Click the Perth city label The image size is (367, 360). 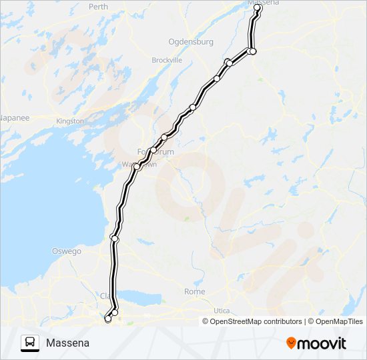click(x=98, y=7)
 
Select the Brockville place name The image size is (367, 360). click(x=167, y=60)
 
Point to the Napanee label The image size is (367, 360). click(x=14, y=117)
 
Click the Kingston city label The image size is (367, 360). click(x=70, y=121)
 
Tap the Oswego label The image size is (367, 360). click(x=66, y=251)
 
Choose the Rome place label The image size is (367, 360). click(x=195, y=292)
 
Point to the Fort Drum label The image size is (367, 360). click(x=155, y=152)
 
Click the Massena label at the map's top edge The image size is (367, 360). click(x=264, y=3)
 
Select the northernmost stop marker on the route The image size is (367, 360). click(x=258, y=8)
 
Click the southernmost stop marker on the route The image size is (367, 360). click(x=108, y=319)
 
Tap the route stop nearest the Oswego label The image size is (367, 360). click(x=115, y=238)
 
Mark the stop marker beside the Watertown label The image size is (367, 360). click(x=136, y=167)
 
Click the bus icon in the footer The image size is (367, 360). click(x=29, y=343)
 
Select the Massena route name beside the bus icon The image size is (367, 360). click(x=67, y=343)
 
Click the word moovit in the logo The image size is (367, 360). click(x=322, y=343)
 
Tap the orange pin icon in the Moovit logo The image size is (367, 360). click(x=291, y=343)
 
